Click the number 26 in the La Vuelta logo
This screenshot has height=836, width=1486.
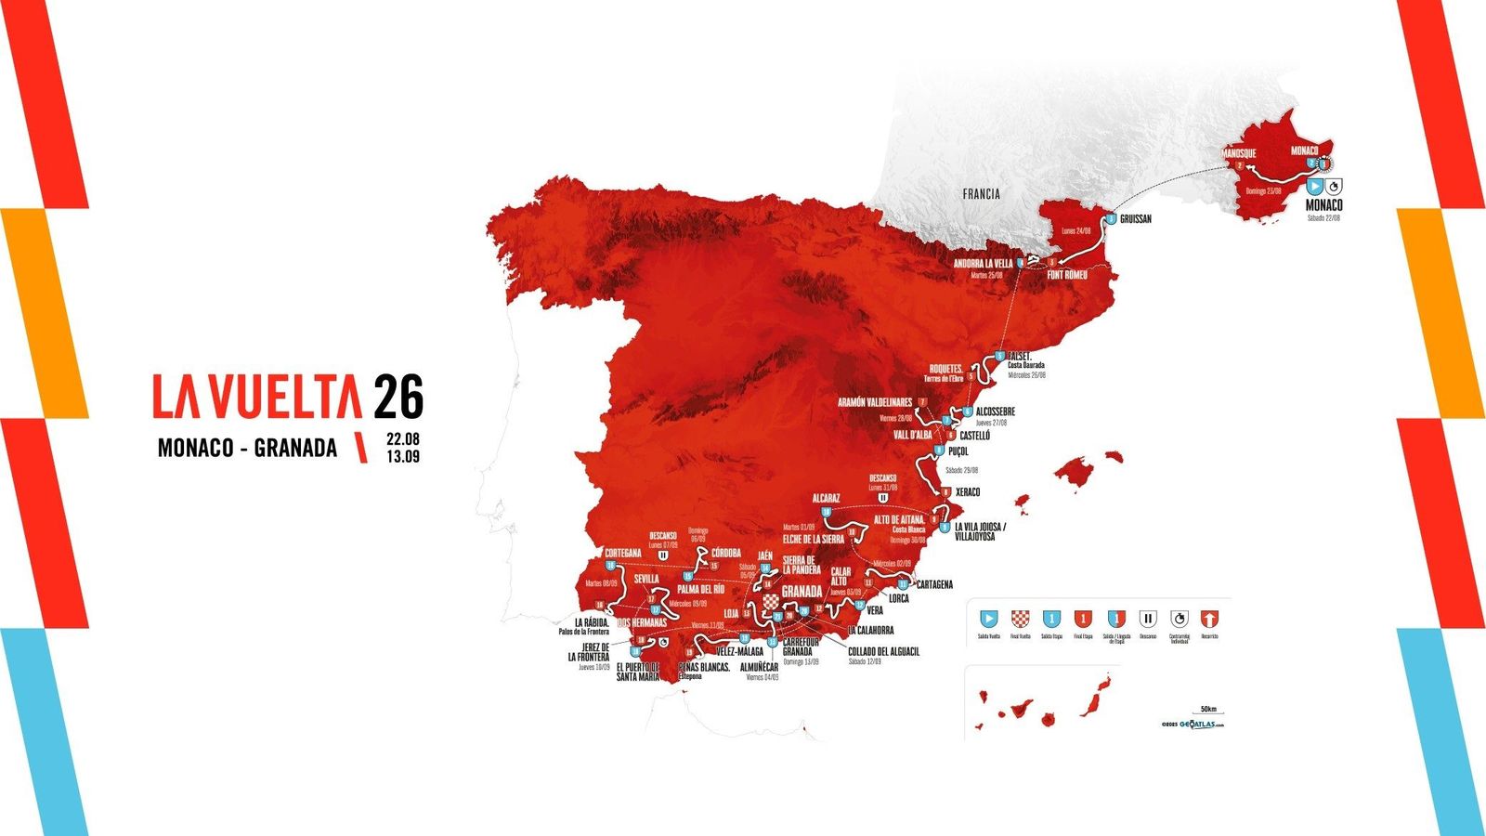point(398,397)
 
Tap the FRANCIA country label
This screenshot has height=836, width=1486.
point(981,194)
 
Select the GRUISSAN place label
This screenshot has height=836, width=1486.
point(1135,219)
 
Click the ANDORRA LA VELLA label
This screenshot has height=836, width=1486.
point(983,264)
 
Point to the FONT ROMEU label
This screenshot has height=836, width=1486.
point(1066,275)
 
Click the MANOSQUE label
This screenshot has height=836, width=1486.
point(1238,153)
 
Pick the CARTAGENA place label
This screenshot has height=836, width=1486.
point(934,584)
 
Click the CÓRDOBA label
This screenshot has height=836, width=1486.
point(725,554)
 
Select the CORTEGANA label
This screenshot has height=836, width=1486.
point(622,553)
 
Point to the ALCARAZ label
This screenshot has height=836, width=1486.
point(826,499)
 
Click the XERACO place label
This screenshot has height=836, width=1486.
point(967,492)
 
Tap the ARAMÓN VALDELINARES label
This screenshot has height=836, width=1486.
point(874,403)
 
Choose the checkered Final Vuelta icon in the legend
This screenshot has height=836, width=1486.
point(1020,619)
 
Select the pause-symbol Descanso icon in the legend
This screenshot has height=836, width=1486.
point(1148,619)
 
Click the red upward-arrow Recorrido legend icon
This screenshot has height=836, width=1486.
point(1209,619)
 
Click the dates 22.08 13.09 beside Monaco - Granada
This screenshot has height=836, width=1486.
point(403,447)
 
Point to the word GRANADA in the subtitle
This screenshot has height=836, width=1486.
point(295,448)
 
